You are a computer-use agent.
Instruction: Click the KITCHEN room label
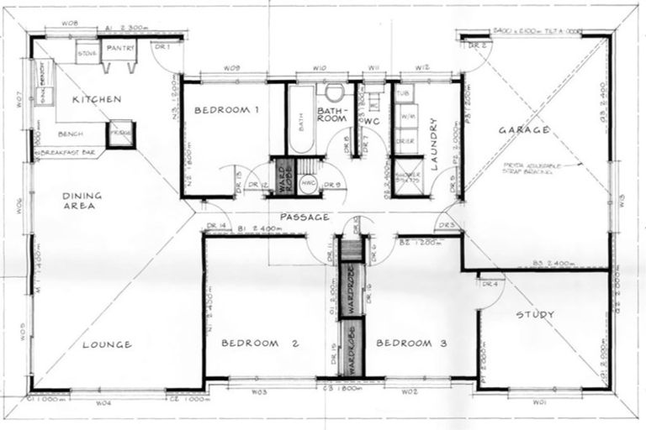coord(98,99)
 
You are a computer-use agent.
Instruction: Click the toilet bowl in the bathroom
coord(334,92)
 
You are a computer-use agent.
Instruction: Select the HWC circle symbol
coord(308,183)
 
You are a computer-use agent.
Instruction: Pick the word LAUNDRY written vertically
coord(436,143)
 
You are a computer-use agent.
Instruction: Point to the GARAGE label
coord(523,130)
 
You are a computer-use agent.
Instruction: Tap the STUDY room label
coord(535,315)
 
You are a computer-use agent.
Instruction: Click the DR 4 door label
coord(490,284)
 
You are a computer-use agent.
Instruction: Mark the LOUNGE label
coord(107,344)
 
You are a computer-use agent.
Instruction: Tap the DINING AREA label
coord(82,200)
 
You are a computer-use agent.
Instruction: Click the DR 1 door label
coord(163,47)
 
